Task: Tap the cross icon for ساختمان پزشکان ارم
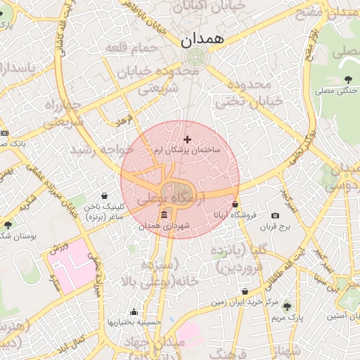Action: (x=186, y=139)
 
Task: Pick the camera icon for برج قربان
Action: (x=275, y=215)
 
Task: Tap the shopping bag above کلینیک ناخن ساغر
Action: (x=105, y=195)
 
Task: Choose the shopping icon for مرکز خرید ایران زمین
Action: (x=245, y=291)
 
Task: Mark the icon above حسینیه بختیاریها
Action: (x=134, y=311)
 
